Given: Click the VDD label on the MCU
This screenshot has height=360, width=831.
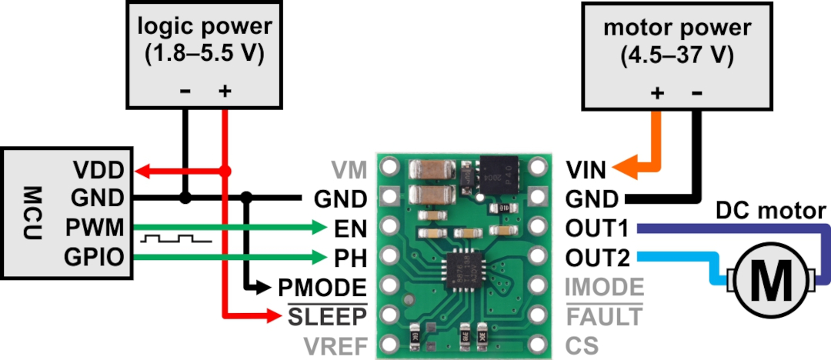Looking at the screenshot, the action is tap(98, 171).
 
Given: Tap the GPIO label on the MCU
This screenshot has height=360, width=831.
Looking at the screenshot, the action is tap(95, 257).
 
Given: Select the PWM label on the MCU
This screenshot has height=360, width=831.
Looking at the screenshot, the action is tap(95, 228).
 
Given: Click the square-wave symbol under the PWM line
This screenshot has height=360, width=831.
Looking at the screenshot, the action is tap(176, 238).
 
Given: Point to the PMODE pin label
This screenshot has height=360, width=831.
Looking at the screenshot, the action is tap(322, 288).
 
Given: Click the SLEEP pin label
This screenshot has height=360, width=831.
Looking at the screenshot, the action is tap(327, 317).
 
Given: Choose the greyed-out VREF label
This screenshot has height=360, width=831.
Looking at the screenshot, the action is tap(335, 346).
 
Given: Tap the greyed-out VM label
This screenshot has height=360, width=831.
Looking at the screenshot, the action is tap(349, 171).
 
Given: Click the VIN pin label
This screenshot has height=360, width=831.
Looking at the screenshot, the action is tap(586, 171).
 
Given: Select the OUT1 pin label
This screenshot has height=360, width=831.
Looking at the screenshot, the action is tap(597, 228).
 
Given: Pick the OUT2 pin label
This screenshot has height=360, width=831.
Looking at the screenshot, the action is tap(598, 258).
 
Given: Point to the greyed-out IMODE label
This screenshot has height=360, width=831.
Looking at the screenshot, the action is tap(605, 288).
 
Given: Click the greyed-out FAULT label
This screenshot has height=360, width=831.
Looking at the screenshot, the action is tap(604, 317).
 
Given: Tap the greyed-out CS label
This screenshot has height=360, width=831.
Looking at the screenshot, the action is tap(582, 346).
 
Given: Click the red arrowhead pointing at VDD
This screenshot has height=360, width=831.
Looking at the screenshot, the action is tap(143, 171).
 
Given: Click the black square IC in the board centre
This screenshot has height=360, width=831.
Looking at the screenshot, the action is tap(466, 271).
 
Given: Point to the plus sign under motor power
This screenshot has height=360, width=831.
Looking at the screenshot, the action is tap(657, 93).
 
